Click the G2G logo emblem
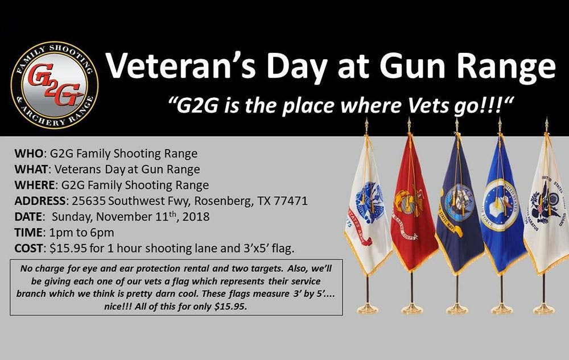[55, 85]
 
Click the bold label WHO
[28, 154]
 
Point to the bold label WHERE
[35, 185]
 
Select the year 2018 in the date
[196, 217]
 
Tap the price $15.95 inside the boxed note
[230, 307]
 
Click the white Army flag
[367, 206]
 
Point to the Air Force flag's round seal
[501, 205]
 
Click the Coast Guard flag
[546, 203]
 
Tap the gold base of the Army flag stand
[368, 309]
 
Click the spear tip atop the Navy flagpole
[456, 125]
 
